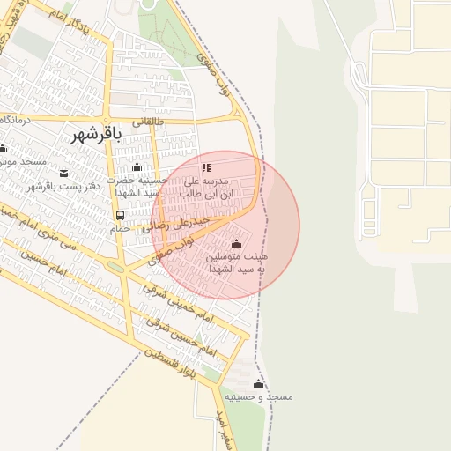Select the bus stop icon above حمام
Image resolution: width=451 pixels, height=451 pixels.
pos(120,215)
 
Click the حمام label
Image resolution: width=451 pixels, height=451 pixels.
pos(120,228)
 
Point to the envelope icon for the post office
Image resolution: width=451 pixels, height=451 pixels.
pos(64,172)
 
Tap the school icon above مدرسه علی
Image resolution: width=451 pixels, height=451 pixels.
pos(207,166)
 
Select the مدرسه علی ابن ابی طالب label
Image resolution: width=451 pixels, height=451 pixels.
pos(207,186)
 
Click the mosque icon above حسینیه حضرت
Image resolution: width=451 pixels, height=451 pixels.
pos(136,167)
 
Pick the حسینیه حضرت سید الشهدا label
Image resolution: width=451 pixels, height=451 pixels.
pos(137,186)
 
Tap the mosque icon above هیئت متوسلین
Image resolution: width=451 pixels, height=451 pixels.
pos(235,243)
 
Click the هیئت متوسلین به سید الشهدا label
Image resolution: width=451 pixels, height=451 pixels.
pos(236,262)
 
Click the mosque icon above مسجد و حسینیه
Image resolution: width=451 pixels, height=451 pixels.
pos(258,383)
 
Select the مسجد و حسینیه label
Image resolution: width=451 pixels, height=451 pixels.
pos(258,397)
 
